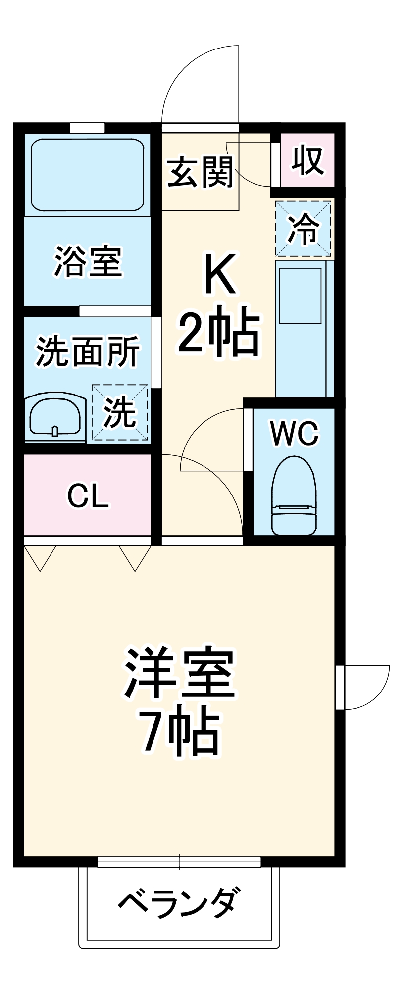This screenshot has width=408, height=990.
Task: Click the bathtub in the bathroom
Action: (x=88, y=175)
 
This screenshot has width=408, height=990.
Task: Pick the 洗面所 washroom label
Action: (x=88, y=351)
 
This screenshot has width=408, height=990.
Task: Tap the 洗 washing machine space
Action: (x=120, y=412)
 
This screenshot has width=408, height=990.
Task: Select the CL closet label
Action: (x=88, y=496)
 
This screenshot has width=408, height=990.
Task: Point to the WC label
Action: (x=294, y=434)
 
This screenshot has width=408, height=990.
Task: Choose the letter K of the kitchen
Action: (x=219, y=275)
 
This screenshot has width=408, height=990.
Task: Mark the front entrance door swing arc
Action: (x=198, y=84)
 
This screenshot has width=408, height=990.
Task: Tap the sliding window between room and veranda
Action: (x=179, y=862)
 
